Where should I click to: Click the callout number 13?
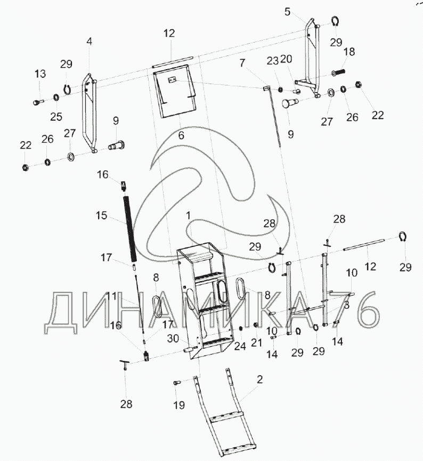[40, 74]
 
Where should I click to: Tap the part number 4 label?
[89, 41]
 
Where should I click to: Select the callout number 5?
[287, 12]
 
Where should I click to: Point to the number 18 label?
[349, 52]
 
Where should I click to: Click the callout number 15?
[101, 216]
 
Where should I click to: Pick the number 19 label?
[179, 405]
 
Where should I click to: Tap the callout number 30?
[173, 339]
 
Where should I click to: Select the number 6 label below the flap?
[181, 135]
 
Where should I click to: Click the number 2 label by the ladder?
[259, 380]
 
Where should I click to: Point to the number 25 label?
[56, 117]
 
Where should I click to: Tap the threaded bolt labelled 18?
[338, 72]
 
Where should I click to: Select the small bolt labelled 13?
[38, 102]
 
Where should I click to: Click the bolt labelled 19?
[177, 383]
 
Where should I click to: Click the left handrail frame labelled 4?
[89, 113]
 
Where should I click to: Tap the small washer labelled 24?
[241, 328]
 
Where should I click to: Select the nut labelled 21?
[256, 325]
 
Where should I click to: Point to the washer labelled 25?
[55, 97]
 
